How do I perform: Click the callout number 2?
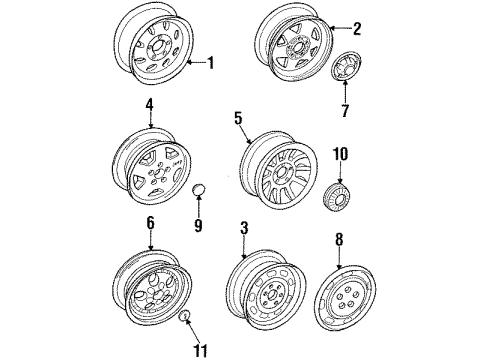(x=356, y=29)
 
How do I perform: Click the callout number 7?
(x=344, y=111)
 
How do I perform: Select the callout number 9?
(x=197, y=227)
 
